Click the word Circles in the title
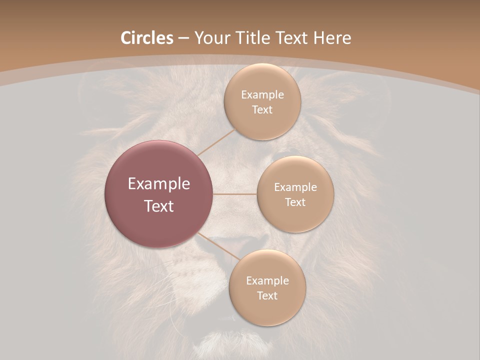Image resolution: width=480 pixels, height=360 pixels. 147,38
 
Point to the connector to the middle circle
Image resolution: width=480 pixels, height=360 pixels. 234,194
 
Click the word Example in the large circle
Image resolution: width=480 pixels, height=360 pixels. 159,184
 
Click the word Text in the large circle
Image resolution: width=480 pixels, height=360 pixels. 159,206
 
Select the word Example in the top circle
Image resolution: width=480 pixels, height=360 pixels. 262,95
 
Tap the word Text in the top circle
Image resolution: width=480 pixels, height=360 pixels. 262,109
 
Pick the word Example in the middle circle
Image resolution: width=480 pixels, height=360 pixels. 295,187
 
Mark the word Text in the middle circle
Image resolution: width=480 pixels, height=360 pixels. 295,202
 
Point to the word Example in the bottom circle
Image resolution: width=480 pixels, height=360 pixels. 267,281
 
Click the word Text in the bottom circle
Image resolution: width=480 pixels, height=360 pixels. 267,295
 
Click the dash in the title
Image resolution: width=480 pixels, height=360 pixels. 183,38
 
